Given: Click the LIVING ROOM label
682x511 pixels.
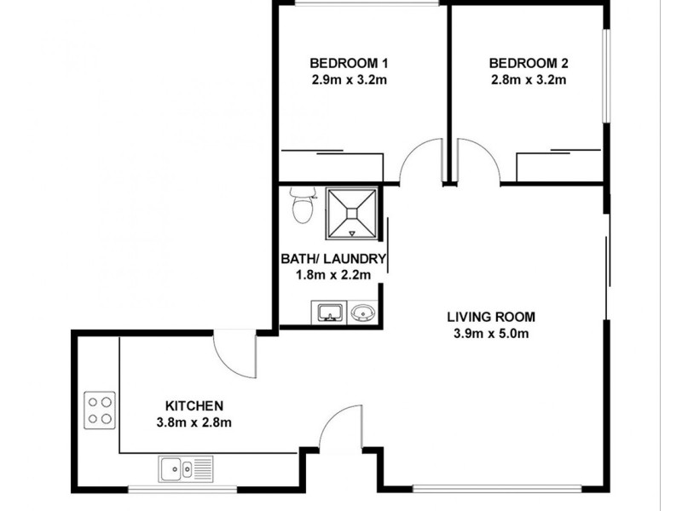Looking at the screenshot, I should click(x=491, y=317).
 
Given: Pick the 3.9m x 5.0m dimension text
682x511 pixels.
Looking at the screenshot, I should click(x=491, y=333).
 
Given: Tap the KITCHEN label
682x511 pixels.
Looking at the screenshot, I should click(x=194, y=405).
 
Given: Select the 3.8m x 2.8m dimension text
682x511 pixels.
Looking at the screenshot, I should click(x=194, y=422).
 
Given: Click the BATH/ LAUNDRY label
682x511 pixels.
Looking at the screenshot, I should click(x=333, y=259).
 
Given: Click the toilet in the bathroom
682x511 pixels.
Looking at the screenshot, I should click(x=299, y=205).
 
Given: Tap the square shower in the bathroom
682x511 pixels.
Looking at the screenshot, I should click(x=352, y=214).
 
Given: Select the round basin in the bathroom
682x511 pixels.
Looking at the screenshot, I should click(x=363, y=313).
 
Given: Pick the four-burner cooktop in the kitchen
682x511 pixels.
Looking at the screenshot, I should click(x=101, y=409).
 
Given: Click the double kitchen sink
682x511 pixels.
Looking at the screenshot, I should click(x=185, y=468).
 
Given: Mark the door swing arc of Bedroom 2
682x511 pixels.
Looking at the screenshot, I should click(x=478, y=162).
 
